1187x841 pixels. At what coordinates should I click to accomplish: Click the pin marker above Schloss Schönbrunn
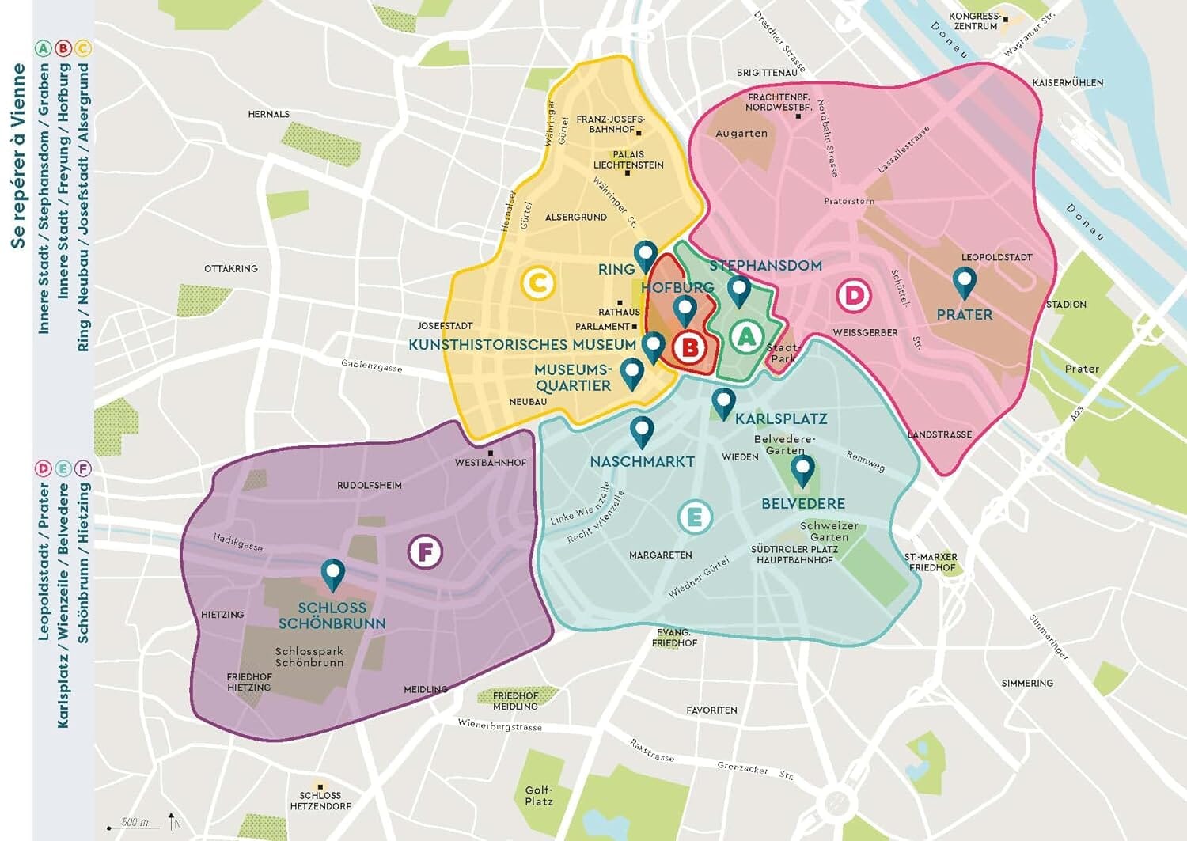pyautogui.click(x=332, y=574)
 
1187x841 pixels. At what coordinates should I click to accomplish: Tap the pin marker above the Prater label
pyautogui.click(x=964, y=281)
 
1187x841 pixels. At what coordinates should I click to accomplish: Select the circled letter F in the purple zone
pyautogui.click(x=425, y=551)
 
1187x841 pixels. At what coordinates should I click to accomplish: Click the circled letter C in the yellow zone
pyautogui.click(x=538, y=282)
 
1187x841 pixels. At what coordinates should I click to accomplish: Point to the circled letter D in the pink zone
pyautogui.click(x=854, y=296)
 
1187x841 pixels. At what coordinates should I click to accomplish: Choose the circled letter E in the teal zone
pyautogui.click(x=695, y=517)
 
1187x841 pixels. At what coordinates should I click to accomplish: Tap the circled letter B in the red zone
pyautogui.click(x=690, y=347)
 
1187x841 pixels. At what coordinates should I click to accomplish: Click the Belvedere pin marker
pyautogui.click(x=802, y=470)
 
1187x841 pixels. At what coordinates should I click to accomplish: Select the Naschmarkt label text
pyautogui.click(x=642, y=461)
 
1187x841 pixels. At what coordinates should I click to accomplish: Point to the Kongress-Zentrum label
pyautogui.click(x=975, y=21)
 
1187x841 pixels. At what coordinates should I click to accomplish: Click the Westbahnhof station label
pyautogui.click(x=490, y=463)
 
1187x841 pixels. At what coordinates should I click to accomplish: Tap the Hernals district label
pyautogui.click(x=269, y=114)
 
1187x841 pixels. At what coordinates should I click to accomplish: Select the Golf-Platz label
pyautogui.click(x=539, y=795)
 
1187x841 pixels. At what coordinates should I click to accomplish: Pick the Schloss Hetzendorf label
pyautogui.click(x=320, y=801)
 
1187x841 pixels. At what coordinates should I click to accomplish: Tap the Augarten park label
pyautogui.click(x=741, y=133)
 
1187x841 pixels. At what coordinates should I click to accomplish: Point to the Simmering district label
pyautogui.click(x=1027, y=683)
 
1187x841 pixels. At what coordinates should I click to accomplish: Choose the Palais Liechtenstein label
pyautogui.click(x=628, y=160)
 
